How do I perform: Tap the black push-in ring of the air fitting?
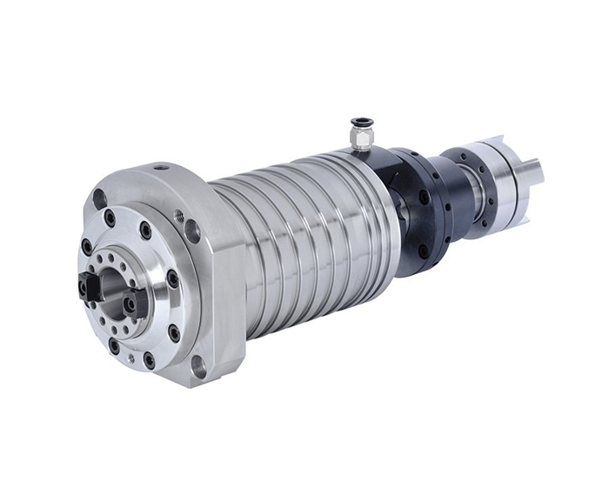coord(358,123)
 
